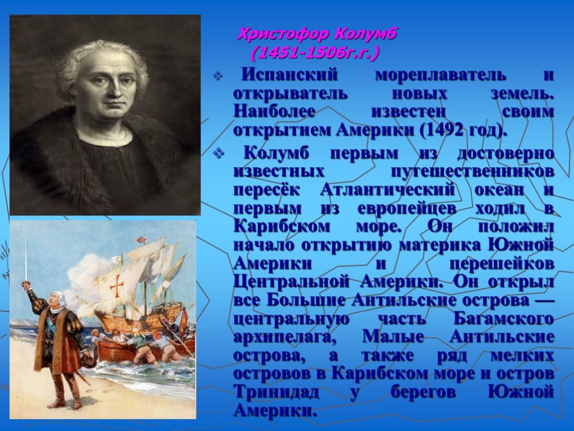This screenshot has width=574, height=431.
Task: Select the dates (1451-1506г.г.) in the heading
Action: pyautogui.click(x=315, y=53)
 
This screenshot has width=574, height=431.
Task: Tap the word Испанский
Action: pyautogui.click(x=290, y=75)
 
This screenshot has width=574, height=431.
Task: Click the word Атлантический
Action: pyautogui.click(x=387, y=190)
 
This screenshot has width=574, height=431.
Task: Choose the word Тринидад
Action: pyautogui.click(x=276, y=392)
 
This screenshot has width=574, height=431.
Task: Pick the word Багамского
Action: pyautogui.click(x=504, y=319)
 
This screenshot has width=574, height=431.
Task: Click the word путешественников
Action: pyautogui.click(x=473, y=172)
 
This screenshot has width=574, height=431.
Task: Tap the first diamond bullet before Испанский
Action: pyautogui.click(x=218, y=76)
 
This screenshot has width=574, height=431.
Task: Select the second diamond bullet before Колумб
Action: pyautogui.click(x=218, y=154)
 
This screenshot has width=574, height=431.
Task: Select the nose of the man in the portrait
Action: pyautogui.click(x=110, y=89)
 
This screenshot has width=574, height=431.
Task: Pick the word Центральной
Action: pyautogui.click(x=291, y=282)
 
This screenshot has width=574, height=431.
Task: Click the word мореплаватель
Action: pyautogui.click(x=441, y=75)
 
